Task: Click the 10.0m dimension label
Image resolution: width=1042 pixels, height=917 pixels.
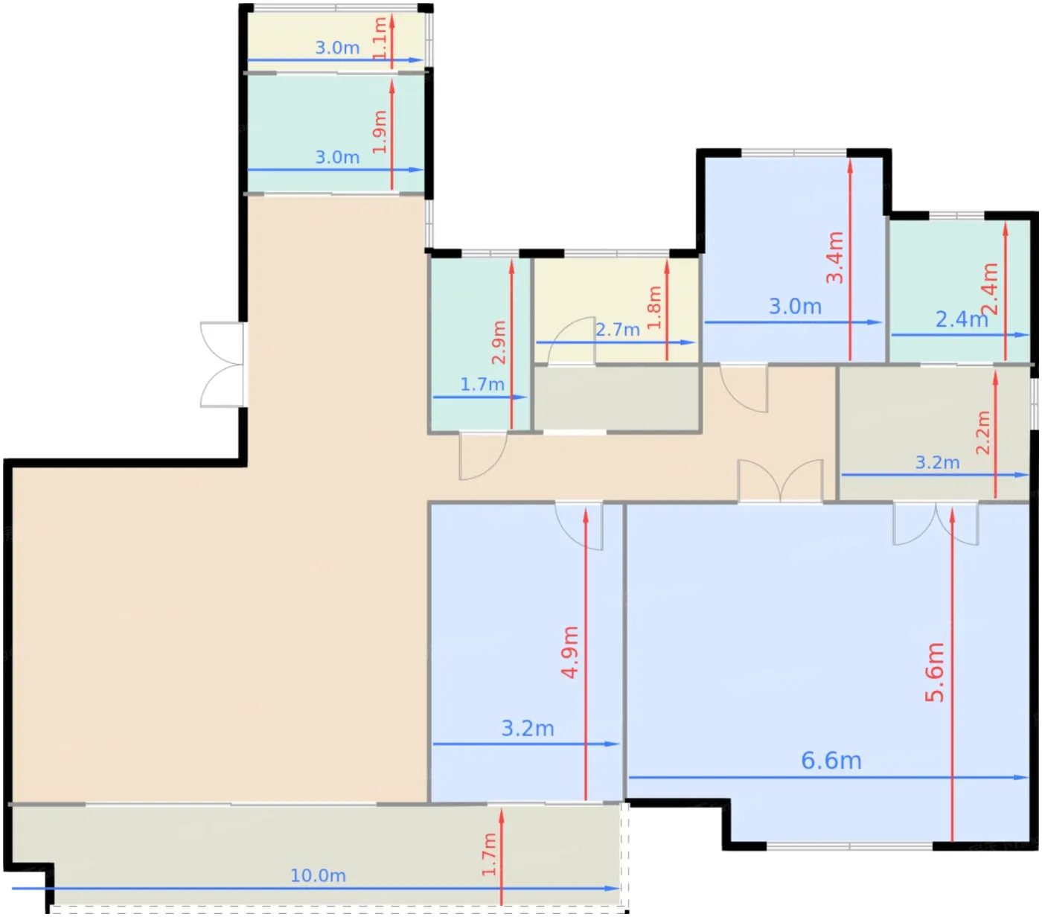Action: pyautogui.click(x=318, y=875)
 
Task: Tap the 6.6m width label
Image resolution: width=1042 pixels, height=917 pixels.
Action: pyautogui.click(x=831, y=760)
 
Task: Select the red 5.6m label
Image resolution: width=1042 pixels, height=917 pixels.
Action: pyautogui.click(x=935, y=672)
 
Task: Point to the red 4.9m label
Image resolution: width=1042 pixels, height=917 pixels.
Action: pyautogui.click(x=570, y=652)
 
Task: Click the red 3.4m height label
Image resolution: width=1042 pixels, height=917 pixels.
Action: pyautogui.click(x=834, y=257)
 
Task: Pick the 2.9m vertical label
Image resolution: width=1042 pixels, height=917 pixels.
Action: pyautogui.click(x=499, y=342)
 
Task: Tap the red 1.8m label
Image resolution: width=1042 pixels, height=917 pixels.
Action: pyautogui.click(x=653, y=307)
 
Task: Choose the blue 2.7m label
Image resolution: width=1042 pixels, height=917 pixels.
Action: pyautogui.click(x=617, y=329)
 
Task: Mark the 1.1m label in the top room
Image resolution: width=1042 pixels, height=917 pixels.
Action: pyautogui.click(x=380, y=39)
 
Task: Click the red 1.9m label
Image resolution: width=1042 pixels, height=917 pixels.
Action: pyautogui.click(x=380, y=132)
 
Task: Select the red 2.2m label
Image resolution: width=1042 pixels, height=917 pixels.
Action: pyautogui.click(x=982, y=432)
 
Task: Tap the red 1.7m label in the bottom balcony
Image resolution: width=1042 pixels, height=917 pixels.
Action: pyautogui.click(x=488, y=854)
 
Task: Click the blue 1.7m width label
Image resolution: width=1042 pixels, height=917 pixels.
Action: pyautogui.click(x=482, y=384)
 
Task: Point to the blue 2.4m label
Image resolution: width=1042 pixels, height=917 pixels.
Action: pyautogui.click(x=962, y=319)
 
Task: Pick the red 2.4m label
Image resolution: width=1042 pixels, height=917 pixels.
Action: pyautogui.click(x=990, y=289)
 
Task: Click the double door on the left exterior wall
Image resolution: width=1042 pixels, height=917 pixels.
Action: pyautogui.click(x=223, y=365)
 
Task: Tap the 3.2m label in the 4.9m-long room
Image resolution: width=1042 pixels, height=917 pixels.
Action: pyautogui.click(x=528, y=728)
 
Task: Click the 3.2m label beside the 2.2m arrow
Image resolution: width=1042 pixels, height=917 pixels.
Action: pyautogui.click(x=937, y=462)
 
